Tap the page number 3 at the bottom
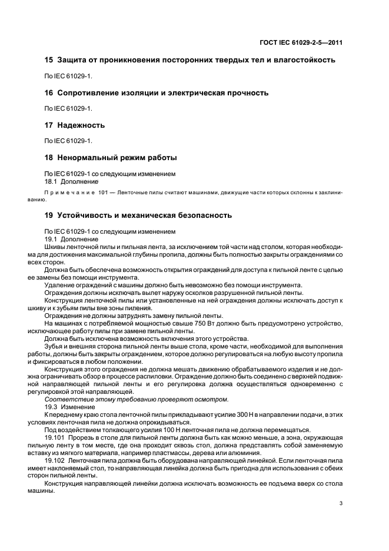pyautogui.click(x=341, y=503)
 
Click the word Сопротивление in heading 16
pyautogui.click(x=95, y=92)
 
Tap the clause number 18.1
pyautogui.click(x=52, y=181)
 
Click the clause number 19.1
pyautogui.click(x=52, y=240)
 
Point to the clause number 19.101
pyautogui.click(x=55, y=438)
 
